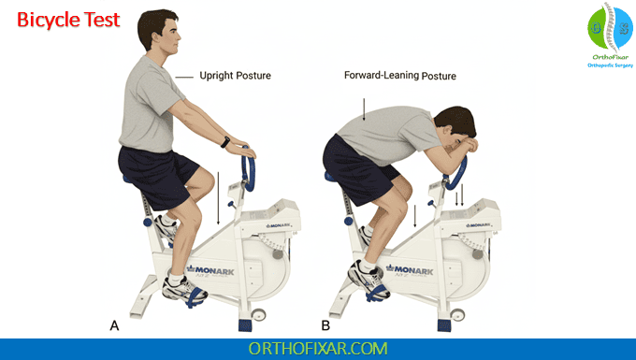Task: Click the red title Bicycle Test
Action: click(68, 20)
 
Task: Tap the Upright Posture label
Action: click(236, 76)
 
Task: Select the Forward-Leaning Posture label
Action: click(400, 76)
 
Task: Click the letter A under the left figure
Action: click(114, 325)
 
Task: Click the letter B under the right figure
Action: click(325, 325)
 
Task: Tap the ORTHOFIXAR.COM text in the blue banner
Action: click(318, 349)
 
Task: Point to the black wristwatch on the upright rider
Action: click(225, 142)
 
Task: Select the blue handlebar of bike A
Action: click(249, 168)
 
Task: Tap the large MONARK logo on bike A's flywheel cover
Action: click(210, 270)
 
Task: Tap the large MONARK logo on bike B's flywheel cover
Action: click(410, 269)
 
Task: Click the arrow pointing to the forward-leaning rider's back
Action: click(364, 109)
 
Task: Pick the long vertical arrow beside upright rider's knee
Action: click(218, 198)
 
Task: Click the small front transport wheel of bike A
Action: click(258, 315)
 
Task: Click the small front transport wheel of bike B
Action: click(457, 315)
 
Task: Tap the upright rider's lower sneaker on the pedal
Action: click(184, 290)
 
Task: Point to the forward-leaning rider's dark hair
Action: click(456, 120)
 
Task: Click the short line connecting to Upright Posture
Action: click(184, 77)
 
